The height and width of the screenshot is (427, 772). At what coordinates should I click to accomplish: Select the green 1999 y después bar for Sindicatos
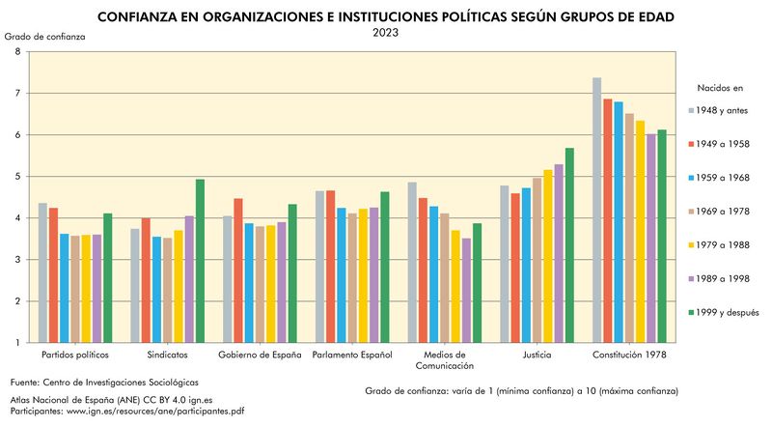200,261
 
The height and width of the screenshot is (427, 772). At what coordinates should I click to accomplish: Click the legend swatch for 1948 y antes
694,110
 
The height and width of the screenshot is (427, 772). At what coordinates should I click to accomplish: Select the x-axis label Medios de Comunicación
445,360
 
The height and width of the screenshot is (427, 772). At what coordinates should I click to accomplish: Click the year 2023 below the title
386,32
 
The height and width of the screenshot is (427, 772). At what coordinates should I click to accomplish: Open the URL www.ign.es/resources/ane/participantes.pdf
154,411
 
